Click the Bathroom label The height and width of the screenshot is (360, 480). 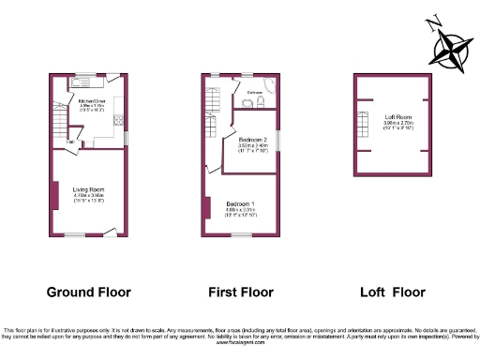(253, 92)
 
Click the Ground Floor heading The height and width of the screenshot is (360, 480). (89, 292)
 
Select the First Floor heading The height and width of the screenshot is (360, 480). (240, 292)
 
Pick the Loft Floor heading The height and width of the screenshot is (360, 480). (393, 292)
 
